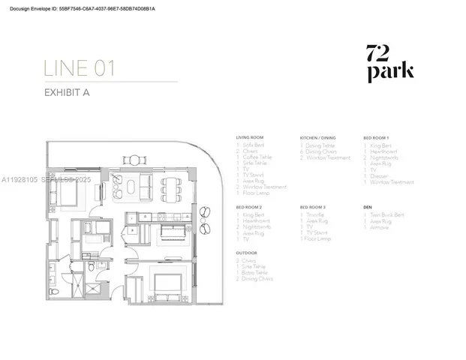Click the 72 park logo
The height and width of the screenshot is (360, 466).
tap(389, 63)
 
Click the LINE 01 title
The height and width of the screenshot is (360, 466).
tap(80, 69)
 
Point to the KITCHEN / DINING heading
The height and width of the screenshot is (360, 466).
tap(319, 139)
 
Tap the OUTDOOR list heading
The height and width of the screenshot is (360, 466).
tap(247, 253)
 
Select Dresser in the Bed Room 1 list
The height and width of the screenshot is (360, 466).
tap(379, 175)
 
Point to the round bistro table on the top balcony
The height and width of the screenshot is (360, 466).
tap(134, 159)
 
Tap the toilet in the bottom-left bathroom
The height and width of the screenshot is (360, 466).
tap(89, 267)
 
